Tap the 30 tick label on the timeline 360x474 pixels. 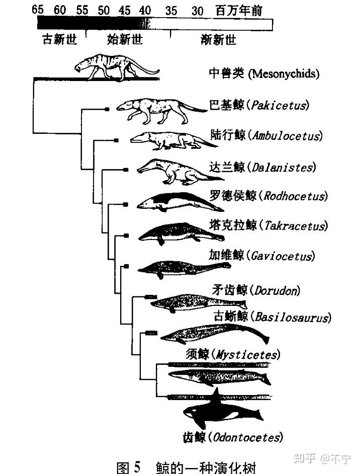tap(198, 10)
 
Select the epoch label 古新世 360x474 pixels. tap(59, 40)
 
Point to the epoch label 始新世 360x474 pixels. tap(125, 40)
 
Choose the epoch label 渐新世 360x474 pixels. tap(218, 40)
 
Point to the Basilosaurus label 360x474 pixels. tap(292, 318)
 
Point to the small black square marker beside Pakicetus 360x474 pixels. tap(107, 108)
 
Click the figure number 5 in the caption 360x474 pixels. tap(136, 466)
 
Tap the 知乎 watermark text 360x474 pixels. tap(305, 458)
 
